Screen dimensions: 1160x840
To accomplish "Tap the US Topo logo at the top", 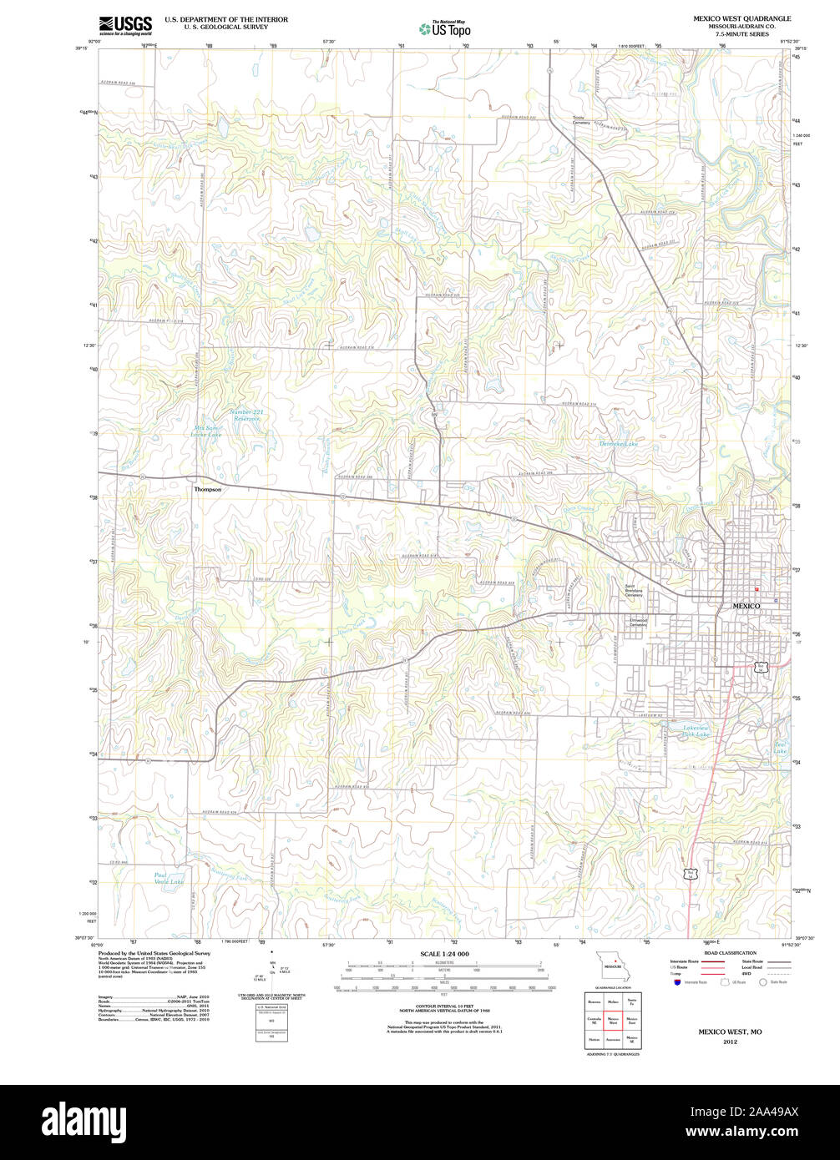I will pyautogui.click(x=444, y=28).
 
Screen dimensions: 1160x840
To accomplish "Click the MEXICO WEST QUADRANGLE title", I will pyautogui.click(x=741, y=18).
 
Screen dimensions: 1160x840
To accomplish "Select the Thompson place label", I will pyautogui.click(x=207, y=490).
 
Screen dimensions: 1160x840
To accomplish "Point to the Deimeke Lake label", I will pyautogui.click(x=619, y=444).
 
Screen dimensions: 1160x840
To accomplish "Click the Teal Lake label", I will pyautogui.click(x=780, y=748).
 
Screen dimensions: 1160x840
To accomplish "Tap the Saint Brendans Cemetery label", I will pyautogui.click(x=634, y=591).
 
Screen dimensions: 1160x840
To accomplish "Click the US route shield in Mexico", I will pyautogui.click(x=759, y=667).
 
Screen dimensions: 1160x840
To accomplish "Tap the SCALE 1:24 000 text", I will pyautogui.click(x=444, y=953).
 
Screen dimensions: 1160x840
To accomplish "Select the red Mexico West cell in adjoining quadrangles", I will pyautogui.click(x=613, y=1019).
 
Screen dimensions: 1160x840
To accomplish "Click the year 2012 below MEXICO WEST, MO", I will pyautogui.click(x=730, y=1041).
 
